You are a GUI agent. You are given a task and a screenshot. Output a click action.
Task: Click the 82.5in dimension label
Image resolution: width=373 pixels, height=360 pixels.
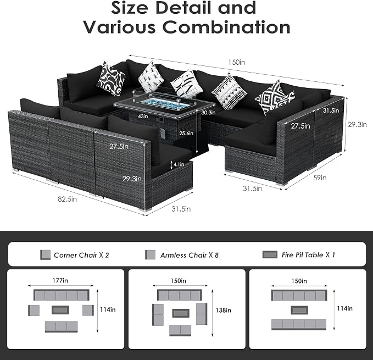(x=68, y=199)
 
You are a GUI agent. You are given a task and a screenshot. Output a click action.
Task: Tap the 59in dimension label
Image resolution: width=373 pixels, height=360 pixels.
(x=320, y=178)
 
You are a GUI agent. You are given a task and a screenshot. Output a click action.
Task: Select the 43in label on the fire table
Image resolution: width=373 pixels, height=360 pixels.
(x=143, y=116)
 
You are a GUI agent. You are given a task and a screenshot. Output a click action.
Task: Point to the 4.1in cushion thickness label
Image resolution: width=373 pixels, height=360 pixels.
(x=179, y=164)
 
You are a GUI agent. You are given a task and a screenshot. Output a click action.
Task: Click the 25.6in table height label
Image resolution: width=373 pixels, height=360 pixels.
(x=186, y=133)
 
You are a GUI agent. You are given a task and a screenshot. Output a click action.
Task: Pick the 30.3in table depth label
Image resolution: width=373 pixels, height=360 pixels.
(x=208, y=112)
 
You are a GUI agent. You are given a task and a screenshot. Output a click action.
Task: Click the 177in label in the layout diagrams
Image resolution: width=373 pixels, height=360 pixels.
(x=60, y=280)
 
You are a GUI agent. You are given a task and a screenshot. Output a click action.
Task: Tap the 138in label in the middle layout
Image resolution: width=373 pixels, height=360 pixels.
(x=223, y=311)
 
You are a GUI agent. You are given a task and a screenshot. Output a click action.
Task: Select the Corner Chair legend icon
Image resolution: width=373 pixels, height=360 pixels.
(x=45, y=255)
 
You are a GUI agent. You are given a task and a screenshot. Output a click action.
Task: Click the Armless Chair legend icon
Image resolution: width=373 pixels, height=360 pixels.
(x=151, y=255)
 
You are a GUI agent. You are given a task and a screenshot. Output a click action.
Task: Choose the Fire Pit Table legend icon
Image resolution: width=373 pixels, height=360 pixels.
(x=270, y=254)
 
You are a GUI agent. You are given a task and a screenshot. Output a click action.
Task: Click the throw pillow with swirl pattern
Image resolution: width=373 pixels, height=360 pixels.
(x=111, y=79)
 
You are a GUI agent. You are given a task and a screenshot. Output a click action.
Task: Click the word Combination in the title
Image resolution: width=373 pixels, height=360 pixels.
(x=226, y=26)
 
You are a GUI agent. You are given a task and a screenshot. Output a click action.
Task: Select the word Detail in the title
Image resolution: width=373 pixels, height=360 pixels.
(x=183, y=8)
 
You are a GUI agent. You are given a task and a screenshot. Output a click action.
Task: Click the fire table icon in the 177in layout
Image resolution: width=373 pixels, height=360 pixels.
(x=60, y=310)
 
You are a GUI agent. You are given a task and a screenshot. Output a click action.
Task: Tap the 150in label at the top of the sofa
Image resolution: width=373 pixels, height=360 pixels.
(x=237, y=62)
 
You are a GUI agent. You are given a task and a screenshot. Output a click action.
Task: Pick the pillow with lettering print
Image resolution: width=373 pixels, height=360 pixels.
(x=187, y=82)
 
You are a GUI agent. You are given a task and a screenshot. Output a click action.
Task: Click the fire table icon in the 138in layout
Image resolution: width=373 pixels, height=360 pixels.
(x=181, y=313)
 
